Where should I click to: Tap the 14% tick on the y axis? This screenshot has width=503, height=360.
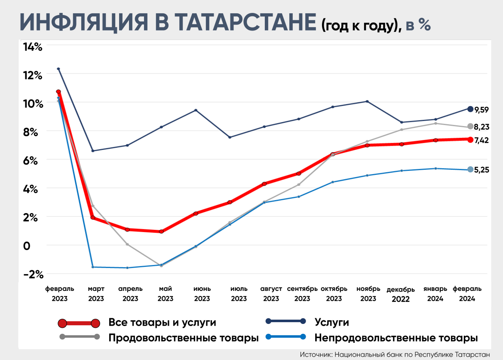point(32,47)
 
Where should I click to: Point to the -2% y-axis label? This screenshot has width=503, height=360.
point(32,275)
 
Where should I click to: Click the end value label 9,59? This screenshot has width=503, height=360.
point(482,110)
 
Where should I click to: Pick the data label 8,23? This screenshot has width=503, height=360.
point(482,127)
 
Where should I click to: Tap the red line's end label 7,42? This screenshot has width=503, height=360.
point(482,140)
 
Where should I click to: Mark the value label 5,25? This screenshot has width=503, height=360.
point(482,170)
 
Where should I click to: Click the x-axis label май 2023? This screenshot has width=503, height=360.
point(166,293)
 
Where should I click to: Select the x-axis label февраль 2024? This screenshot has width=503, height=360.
point(467,293)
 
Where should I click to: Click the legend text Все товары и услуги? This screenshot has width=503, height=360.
point(162,323)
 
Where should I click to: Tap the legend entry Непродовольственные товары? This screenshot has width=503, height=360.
point(396,338)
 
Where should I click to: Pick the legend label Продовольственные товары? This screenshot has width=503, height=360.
point(184,338)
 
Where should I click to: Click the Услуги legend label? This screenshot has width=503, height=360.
point(331,323)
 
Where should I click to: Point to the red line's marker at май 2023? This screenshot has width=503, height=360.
point(161,232)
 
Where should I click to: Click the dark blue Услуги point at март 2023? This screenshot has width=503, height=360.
point(93,151)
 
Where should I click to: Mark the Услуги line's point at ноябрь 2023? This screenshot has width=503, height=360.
point(367,101)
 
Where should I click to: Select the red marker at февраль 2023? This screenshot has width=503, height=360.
point(58,92)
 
